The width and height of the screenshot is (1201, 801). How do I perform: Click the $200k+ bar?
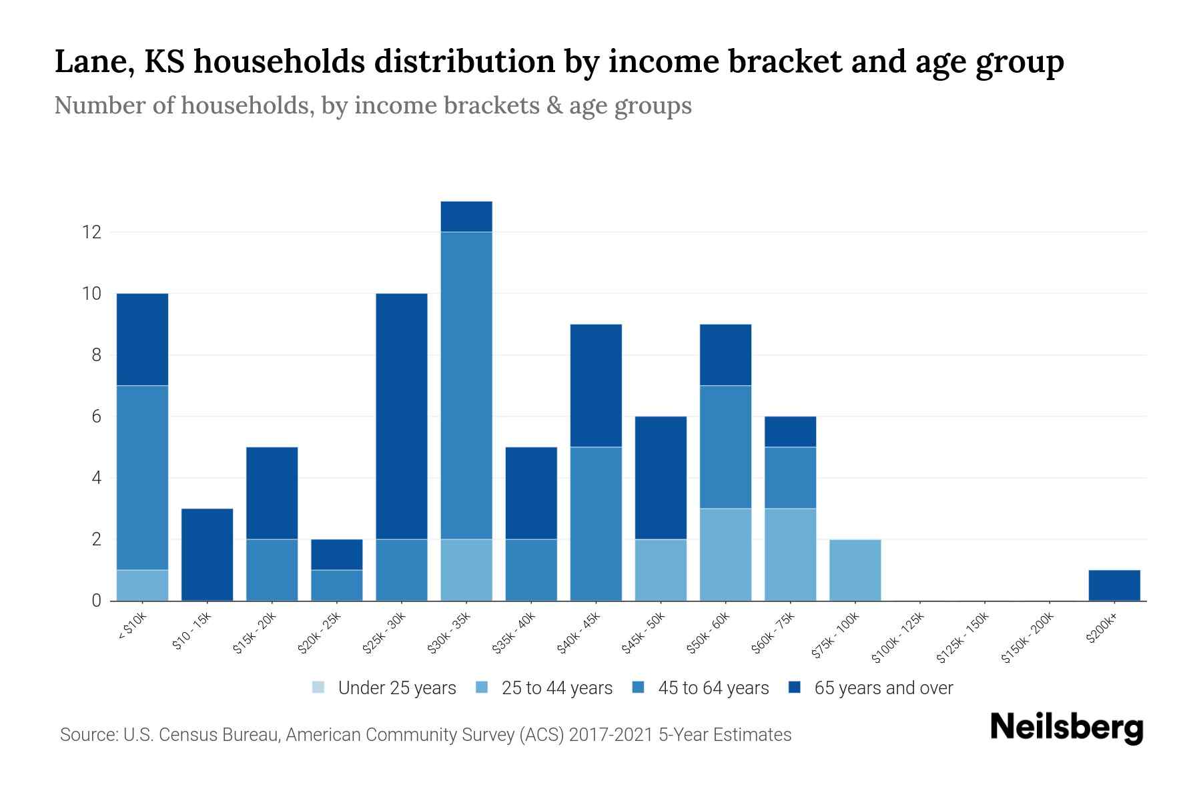click(x=1114, y=585)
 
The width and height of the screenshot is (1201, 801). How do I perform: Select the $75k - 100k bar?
click(x=855, y=570)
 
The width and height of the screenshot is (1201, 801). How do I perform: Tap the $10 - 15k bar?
click(x=207, y=555)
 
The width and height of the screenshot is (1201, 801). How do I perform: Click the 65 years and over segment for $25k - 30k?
click(x=402, y=416)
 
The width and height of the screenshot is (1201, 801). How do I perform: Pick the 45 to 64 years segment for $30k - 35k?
click(x=466, y=385)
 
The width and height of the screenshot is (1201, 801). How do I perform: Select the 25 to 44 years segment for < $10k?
click(x=142, y=585)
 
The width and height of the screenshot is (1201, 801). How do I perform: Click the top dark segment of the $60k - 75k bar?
click(x=790, y=431)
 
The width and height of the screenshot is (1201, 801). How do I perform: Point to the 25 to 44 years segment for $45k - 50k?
click(x=661, y=570)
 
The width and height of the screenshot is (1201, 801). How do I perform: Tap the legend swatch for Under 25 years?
click(x=319, y=688)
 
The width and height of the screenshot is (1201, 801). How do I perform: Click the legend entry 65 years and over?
click(x=883, y=688)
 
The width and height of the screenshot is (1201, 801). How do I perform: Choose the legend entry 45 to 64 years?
click(x=713, y=688)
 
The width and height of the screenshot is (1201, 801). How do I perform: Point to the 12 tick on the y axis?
click(x=91, y=232)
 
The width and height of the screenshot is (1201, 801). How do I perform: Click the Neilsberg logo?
click(x=1066, y=728)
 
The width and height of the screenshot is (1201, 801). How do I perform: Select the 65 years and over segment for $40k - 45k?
click(x=596, y=385)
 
